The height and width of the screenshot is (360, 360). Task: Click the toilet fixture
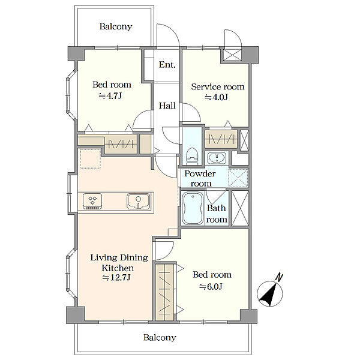coord(192,156)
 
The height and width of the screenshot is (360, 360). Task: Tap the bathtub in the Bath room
coord(193,208)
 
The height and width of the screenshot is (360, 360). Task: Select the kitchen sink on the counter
coord(139,202)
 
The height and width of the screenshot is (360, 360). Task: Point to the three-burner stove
coord(92,202)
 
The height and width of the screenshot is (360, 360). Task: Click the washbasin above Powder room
coord(217,158)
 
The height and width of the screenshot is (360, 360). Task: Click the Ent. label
coord(167,65)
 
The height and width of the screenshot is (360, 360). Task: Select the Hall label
coord(167,106)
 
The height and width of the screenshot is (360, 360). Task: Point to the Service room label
coord(218,87)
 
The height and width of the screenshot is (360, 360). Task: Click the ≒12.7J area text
coord(116,278)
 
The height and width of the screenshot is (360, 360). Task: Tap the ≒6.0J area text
coord(211,287)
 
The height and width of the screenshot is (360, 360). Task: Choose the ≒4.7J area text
coord(110,96)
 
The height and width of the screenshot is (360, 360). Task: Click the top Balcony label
coord(116,26)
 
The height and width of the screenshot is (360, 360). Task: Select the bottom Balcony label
coord(160,337)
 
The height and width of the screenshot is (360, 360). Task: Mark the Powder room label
coord(200,178)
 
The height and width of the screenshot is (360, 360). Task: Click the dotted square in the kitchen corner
coord(91,158)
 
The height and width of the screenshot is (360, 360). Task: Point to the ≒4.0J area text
coord(216,97)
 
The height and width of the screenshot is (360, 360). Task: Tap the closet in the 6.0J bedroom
coord(164,292)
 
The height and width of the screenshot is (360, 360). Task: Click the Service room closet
coord(221,139)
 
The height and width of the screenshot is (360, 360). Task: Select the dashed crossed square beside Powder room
coord(239,178)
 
